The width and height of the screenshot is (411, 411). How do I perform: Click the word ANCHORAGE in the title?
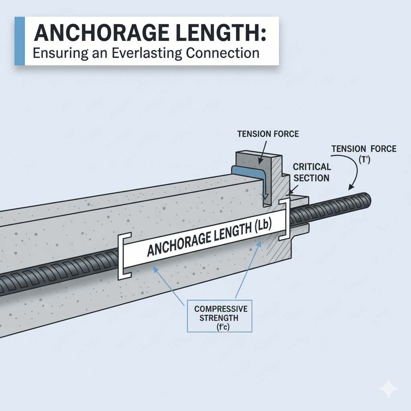102,33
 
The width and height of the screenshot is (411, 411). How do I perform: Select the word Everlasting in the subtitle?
147,53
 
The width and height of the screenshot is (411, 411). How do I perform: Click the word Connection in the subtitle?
223,53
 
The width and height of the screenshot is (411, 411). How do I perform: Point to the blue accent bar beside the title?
20,41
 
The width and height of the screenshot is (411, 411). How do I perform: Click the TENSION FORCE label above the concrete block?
268,134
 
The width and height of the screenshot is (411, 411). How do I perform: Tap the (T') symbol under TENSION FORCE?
364,159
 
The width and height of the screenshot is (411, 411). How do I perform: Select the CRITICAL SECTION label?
311,172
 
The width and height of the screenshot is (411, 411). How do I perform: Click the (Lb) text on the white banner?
262,226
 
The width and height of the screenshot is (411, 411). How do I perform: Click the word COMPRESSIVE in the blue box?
221,309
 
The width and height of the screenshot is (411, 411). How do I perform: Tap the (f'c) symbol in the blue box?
223,327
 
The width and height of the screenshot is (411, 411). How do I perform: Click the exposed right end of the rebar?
367,200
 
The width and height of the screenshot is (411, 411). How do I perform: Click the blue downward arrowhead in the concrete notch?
266,195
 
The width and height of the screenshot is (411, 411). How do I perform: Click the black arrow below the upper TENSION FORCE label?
263,153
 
